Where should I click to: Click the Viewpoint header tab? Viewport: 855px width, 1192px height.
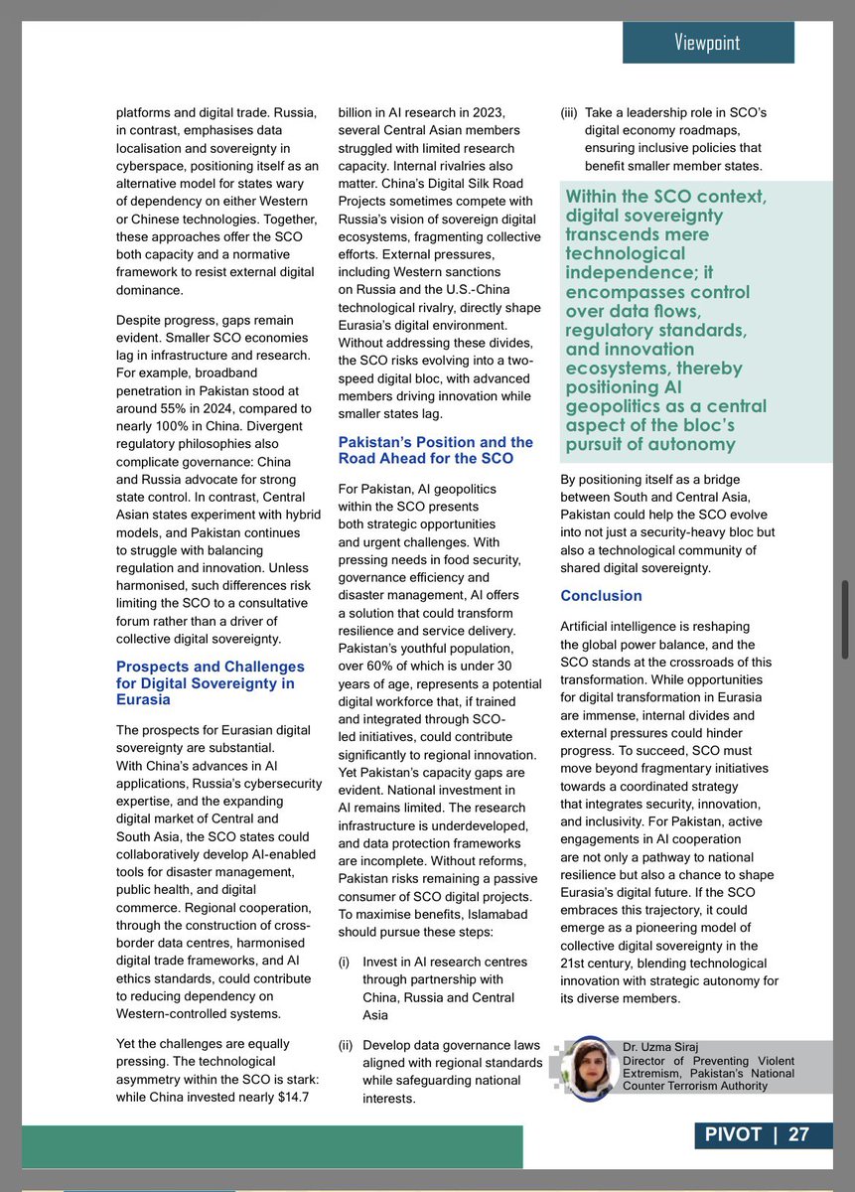point(707,43)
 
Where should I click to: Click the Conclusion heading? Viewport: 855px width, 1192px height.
point(601,596)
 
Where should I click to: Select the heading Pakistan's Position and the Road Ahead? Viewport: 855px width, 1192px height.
point(436,450)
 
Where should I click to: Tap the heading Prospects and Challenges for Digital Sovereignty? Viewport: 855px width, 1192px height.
point(211,682)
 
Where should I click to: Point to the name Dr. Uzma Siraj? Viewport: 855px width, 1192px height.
point(659,1047)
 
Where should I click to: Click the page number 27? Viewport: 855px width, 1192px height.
point(798,1134)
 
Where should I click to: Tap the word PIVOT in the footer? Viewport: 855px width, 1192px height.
point(733,1134)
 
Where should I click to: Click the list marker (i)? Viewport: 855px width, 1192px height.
point(345,962)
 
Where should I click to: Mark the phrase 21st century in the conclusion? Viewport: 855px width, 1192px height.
point(600,964)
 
